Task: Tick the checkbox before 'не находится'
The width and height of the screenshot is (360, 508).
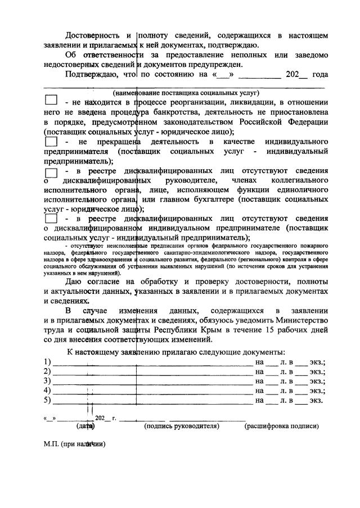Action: coord(51,101)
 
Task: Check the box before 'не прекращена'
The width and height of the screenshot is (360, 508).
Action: coord(51,142)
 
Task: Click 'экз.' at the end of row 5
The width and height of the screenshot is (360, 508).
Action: coord(316,401)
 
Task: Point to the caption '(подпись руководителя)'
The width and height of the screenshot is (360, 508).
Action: coord(182,427)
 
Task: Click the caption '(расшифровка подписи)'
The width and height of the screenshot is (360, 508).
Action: coord(281,427)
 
